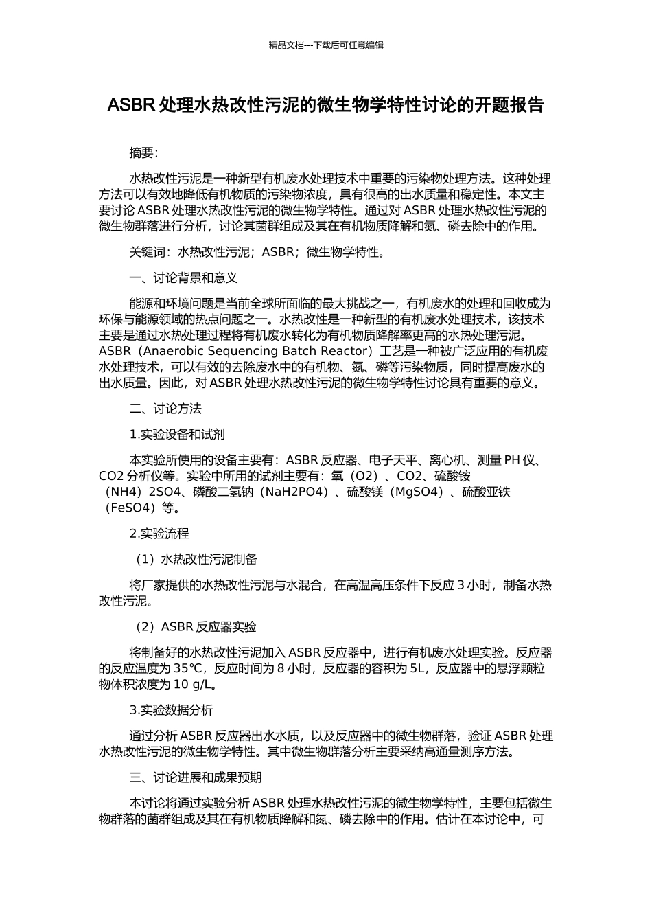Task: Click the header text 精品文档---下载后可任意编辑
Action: pos(326,45)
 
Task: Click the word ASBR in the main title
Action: pos(131,105)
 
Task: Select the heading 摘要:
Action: pos(144,153)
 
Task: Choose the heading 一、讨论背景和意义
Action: pos(183,278)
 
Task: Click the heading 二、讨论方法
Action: pos(165,409)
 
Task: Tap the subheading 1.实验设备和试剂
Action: pos(177,434)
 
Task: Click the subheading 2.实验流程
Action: pos(159,534)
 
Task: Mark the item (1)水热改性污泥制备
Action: pos(196,559)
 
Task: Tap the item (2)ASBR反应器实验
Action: pos(195,626)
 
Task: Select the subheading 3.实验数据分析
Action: pos(171,710)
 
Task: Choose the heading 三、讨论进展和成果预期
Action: pos(196,777)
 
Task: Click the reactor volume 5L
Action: pos(418,668)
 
